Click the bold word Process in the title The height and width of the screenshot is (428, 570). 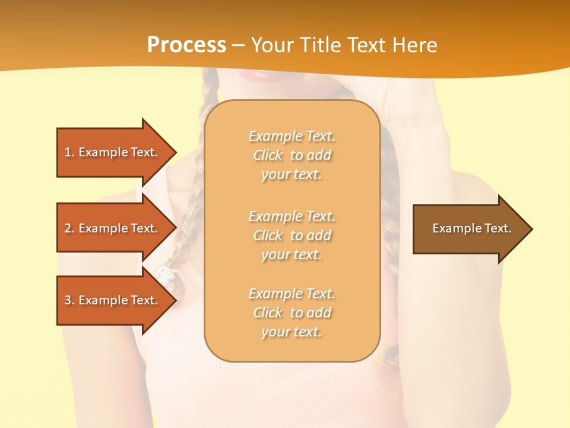pos(186,45)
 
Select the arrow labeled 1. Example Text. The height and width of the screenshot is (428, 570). pos(110,152)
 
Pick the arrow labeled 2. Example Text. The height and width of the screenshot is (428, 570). pos(110,228)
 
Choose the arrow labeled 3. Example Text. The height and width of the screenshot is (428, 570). pos(110,300)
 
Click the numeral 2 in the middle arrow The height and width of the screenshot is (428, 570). pos(68,228)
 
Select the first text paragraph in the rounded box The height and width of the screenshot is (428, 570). pos(292,155)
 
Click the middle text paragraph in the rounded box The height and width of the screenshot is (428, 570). pos(292,235)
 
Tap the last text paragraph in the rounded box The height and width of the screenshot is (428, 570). pos(292,313)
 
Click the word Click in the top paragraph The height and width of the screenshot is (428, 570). pos(268,155)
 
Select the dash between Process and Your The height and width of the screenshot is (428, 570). pos(238,45)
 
